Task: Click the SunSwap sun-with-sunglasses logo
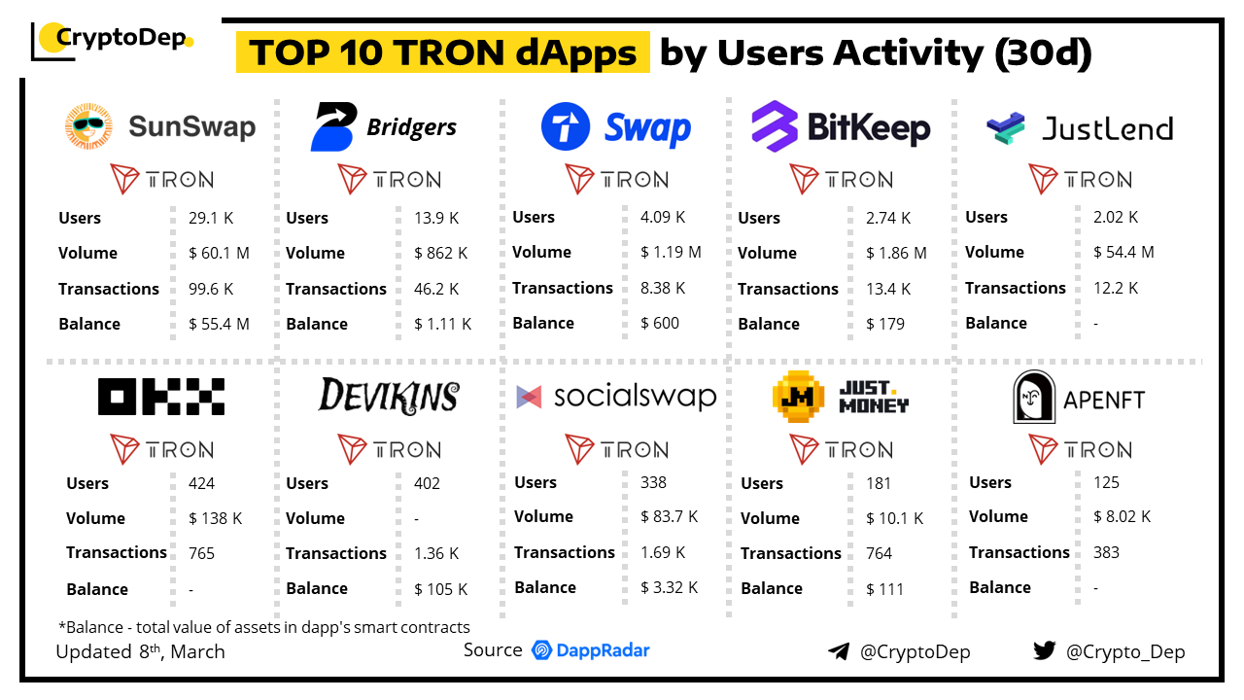[x=88, y=126]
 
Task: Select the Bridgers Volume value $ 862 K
[x=440, y=253]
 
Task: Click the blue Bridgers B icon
[x=333, y=127]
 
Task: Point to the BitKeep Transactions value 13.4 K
[x=888, y=289]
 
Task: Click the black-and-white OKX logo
[x=161, y=397]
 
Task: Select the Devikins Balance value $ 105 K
[x=440, y=589]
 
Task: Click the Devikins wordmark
[x=389, y=396]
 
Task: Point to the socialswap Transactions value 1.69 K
[x=663, y=552]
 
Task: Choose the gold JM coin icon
[x=798, y=397]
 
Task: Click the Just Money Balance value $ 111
[x=884, y=589]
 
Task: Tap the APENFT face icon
[x=1034, y=398]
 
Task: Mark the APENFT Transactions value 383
[x=1106, y=552]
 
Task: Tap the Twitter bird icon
[x=1044, y=650]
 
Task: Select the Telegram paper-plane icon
[x=838, y=651]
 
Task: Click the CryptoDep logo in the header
[x=113, y=39]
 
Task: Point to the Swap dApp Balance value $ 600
[x=660, y=323]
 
